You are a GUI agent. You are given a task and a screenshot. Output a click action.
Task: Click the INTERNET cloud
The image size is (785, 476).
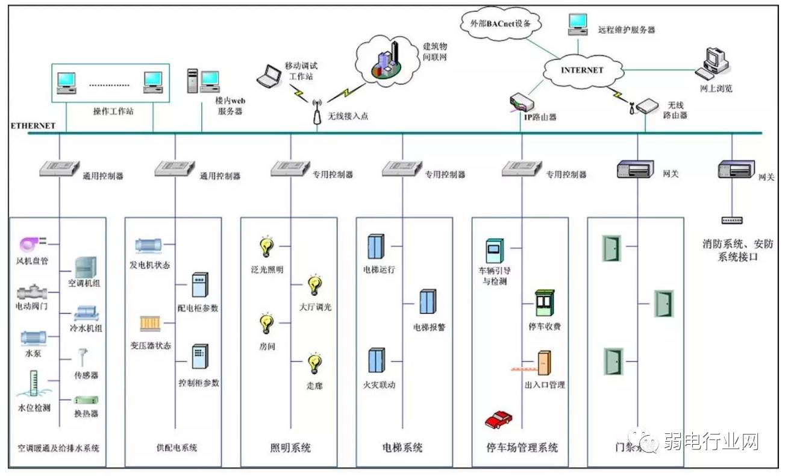pyautogui.click(x=581, y=70)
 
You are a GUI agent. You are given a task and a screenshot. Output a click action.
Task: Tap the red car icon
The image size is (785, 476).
pyautogui.click(x=498, y=419)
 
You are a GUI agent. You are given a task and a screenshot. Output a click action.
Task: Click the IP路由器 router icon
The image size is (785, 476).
pyautogui.click(x=522, y=102)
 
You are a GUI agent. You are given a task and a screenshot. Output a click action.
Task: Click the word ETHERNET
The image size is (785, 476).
pyautogui.click(x=33, y=126)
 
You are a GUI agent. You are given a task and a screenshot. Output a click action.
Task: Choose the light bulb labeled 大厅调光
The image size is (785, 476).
pyautogui.click(x=314, y=286)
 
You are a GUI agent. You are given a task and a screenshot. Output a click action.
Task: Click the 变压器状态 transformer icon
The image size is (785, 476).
pyautogui.click(x=148, y=324)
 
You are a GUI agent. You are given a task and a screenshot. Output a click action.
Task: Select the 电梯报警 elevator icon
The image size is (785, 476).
pyautogui.click(x=427, y=302)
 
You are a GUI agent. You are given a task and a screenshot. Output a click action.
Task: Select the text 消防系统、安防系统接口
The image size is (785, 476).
pyautogui.click(x=737, y=250)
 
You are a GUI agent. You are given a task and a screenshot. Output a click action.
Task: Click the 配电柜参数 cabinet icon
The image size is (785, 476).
pyautogui.click(x=199, y=285)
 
